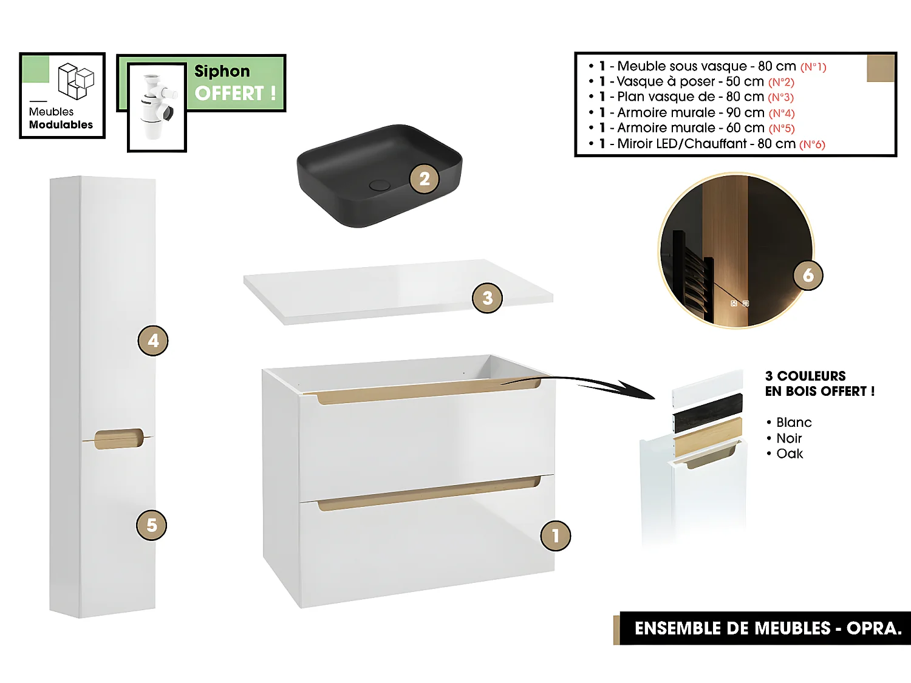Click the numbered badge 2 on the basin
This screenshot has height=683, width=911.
[424, 179]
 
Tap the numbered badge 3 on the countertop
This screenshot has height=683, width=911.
[487, 298]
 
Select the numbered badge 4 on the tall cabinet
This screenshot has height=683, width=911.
[153, 341]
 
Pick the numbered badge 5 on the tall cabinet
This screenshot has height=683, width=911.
[151, 525]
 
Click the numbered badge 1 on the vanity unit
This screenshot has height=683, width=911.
[555, 535]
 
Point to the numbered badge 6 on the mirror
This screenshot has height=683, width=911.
[808, 275]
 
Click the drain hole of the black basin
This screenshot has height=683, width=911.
[380, 185]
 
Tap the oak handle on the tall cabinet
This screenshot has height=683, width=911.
[119, 438]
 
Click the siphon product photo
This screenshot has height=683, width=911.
[157, 106]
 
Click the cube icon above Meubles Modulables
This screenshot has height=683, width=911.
[76, 81]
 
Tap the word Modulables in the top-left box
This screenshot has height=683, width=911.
[61, 125]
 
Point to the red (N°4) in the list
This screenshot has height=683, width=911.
[782, 114]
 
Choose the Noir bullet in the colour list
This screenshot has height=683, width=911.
[789, 438]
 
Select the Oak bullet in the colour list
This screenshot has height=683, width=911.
[790, 454]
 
